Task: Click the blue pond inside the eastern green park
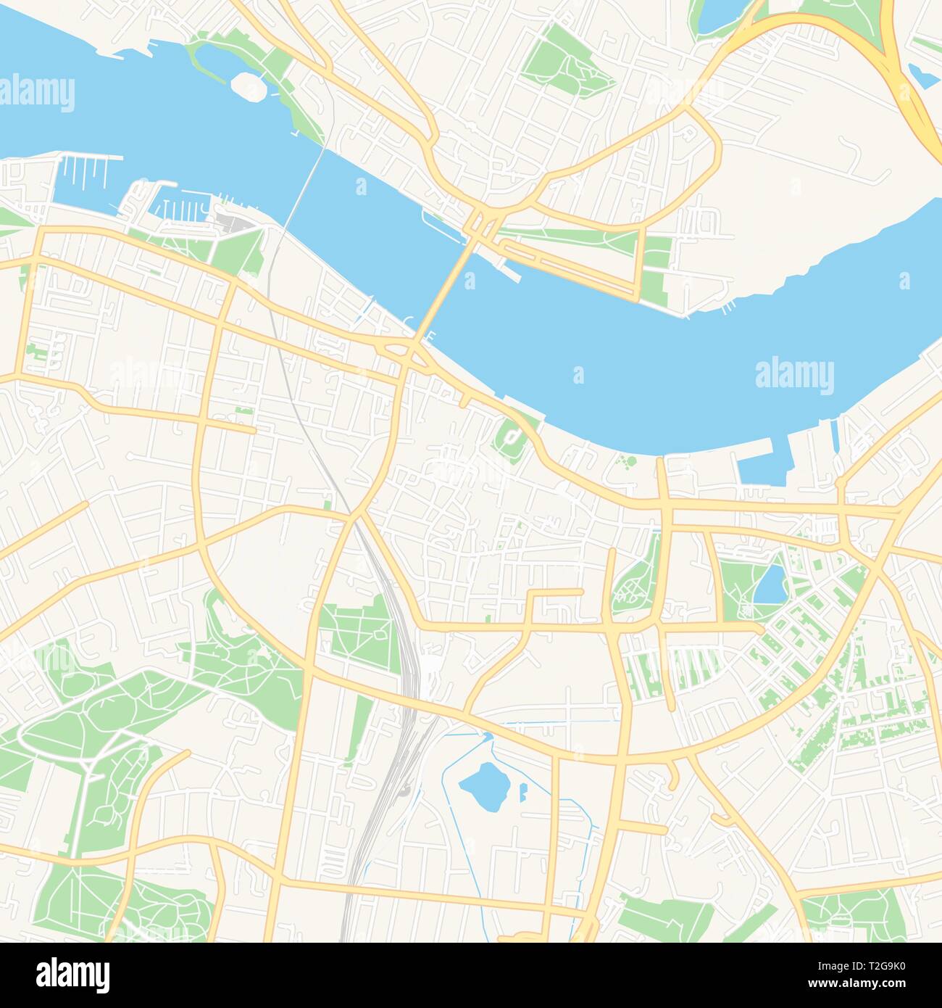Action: (x=770, y=584)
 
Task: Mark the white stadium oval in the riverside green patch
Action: (x=512, y=436)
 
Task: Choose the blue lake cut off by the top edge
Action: (x=714, y=15)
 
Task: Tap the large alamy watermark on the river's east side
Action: (x=794, y=376)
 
